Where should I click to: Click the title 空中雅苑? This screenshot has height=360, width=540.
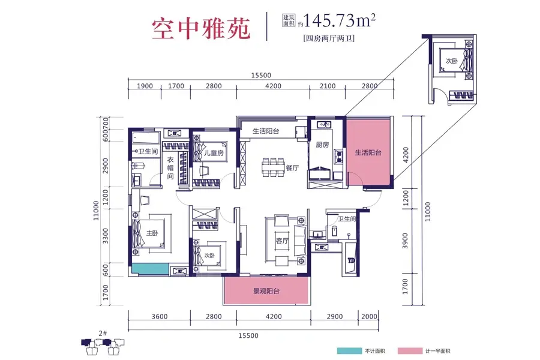(201, 29)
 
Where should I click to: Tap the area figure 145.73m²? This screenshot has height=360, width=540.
(339, 20)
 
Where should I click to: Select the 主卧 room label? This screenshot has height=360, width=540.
(152, 233)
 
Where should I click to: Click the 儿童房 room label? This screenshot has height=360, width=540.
(214, 152)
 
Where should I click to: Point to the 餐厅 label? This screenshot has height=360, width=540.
(292, 168)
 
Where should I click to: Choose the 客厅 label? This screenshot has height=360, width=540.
(282, 241)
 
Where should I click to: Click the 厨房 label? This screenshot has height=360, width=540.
(322, 145)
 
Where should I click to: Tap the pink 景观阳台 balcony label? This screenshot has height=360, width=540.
(266, 291)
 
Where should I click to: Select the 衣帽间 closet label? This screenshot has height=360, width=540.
(170, 168)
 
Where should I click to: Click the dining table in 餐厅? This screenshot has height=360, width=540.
(273, 167)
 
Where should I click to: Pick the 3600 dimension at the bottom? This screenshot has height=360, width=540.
(160, 317)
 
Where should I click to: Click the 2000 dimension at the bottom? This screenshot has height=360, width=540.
(369, 316)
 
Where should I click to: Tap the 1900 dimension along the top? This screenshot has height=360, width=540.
(145, 86)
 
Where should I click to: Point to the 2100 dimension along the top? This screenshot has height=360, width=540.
(327, 86)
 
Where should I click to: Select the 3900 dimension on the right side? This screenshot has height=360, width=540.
(405, 241)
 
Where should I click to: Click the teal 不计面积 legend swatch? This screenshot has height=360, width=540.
(349, 351)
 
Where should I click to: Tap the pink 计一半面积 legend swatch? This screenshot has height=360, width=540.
(410, 351)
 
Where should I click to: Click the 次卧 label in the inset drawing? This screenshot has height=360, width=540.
(451, 61)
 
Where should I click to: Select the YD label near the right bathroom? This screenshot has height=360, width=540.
(351, 260)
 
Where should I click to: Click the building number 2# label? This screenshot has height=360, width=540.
(103, 333)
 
